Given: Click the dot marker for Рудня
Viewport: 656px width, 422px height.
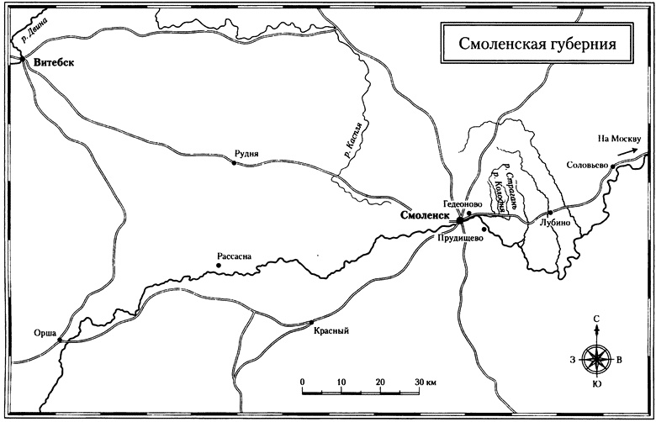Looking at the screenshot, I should tap(234, 163).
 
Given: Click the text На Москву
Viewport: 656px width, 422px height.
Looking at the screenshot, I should tap(619, 139).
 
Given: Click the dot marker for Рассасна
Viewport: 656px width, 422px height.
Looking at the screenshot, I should tap(219, 266).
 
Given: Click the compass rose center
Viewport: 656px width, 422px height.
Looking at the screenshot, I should tap(595, 359).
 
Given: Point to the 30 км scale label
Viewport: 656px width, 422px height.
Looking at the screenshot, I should tap(426, 382).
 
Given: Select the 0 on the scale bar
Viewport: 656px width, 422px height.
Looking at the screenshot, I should tap(302, 382).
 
